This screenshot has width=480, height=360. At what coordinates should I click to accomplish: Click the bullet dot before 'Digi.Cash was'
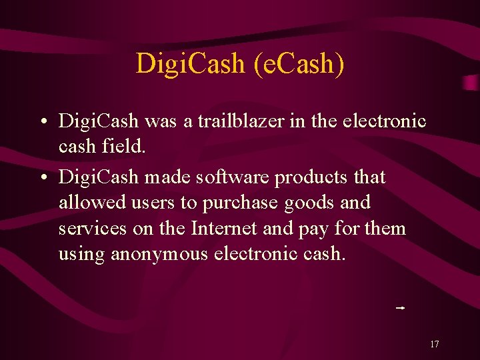(42, 123)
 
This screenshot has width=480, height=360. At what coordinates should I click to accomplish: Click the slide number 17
(434, 345)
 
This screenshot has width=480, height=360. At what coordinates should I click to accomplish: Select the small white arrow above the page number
(401, 308)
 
